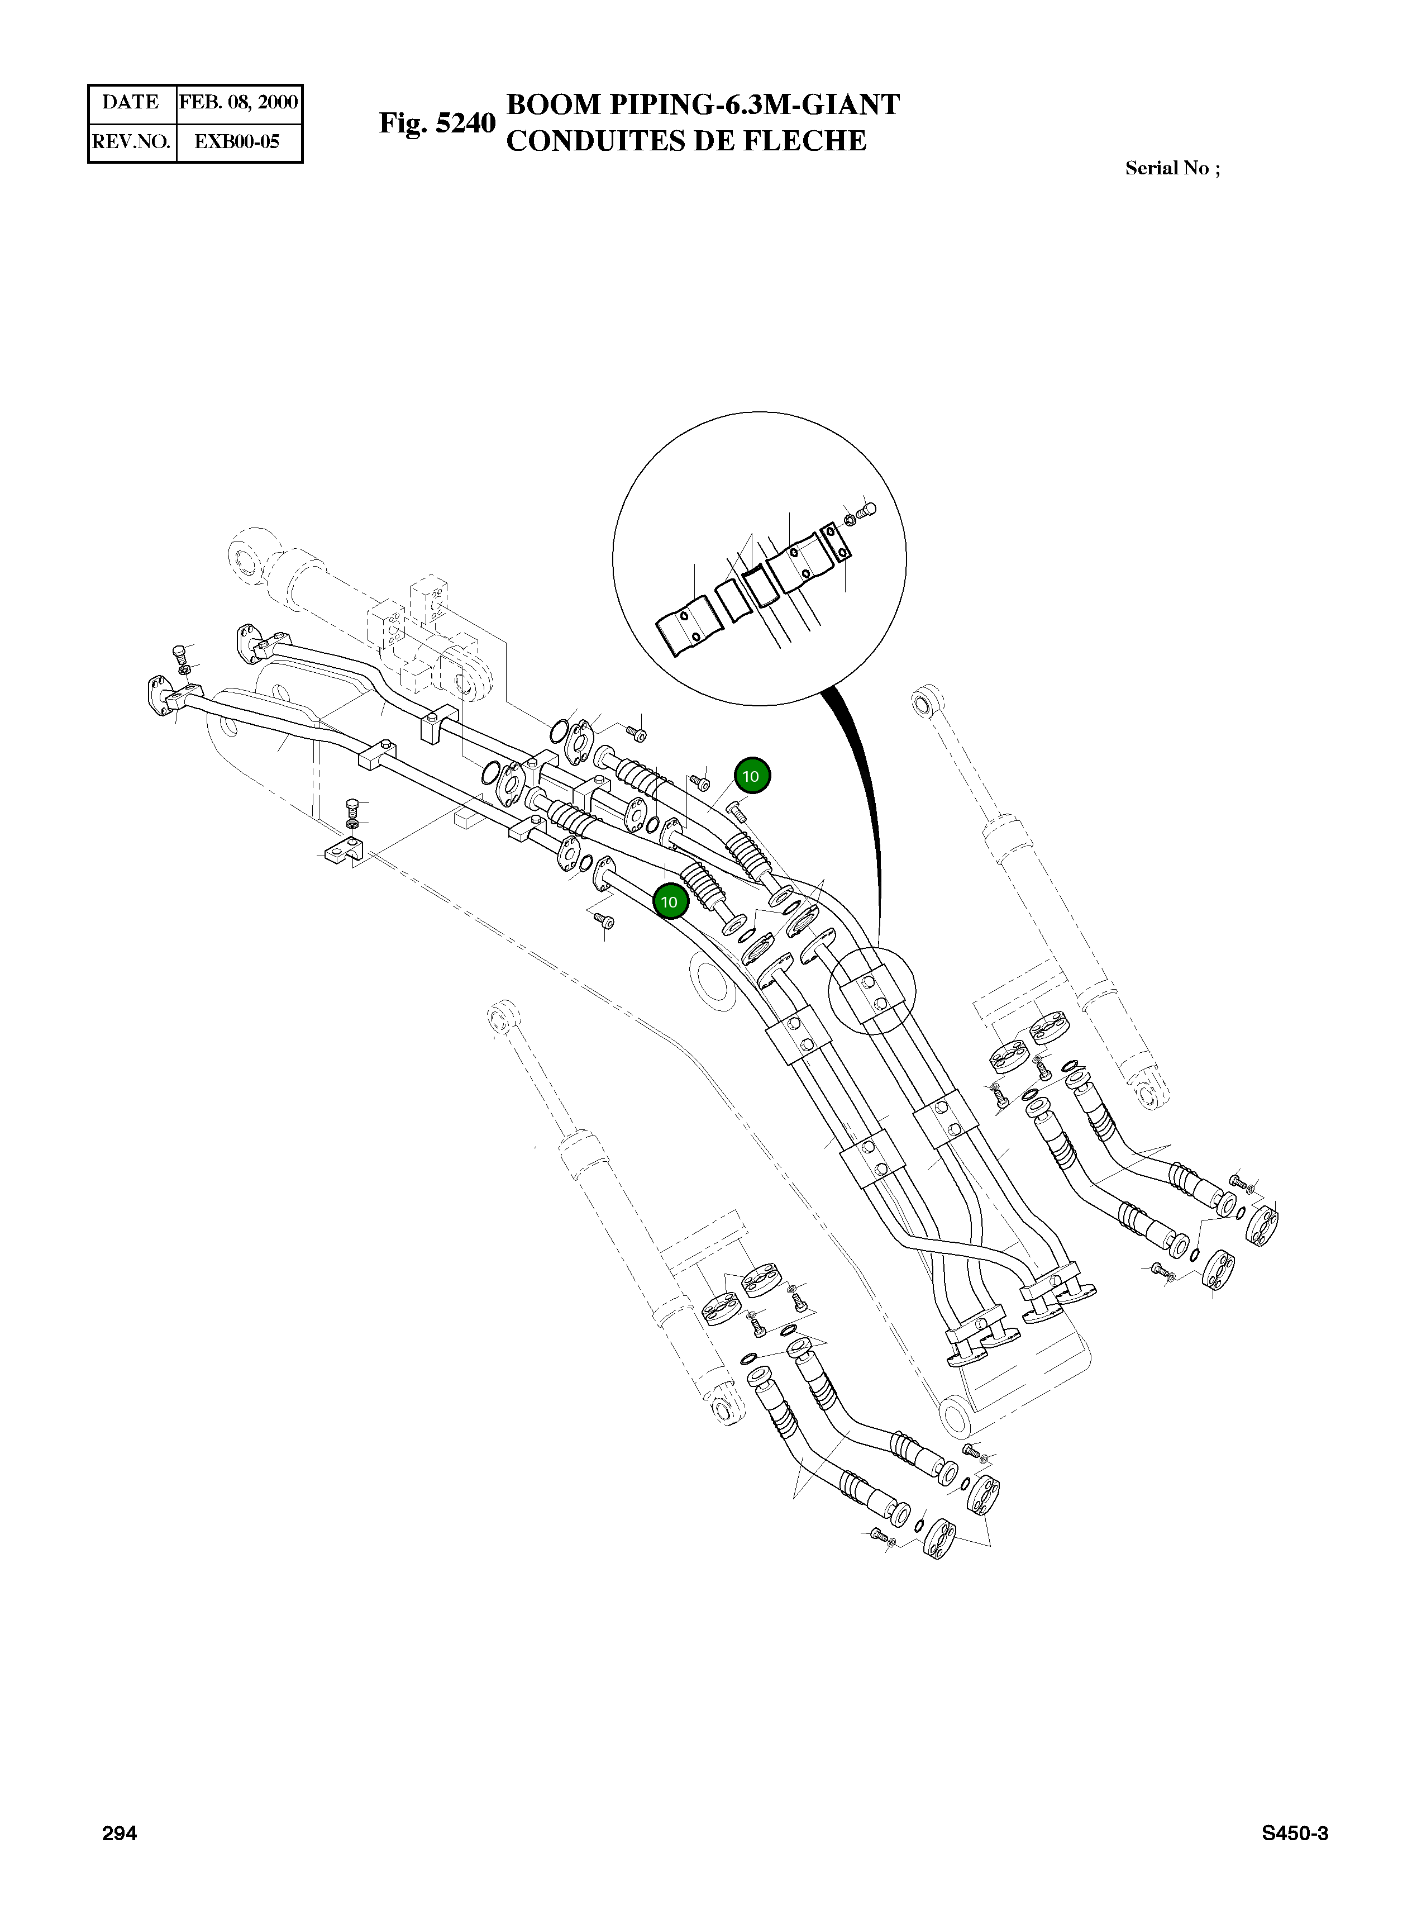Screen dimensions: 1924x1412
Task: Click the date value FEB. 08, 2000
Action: (238, 103)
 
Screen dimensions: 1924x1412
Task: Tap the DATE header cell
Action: (131, 103)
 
